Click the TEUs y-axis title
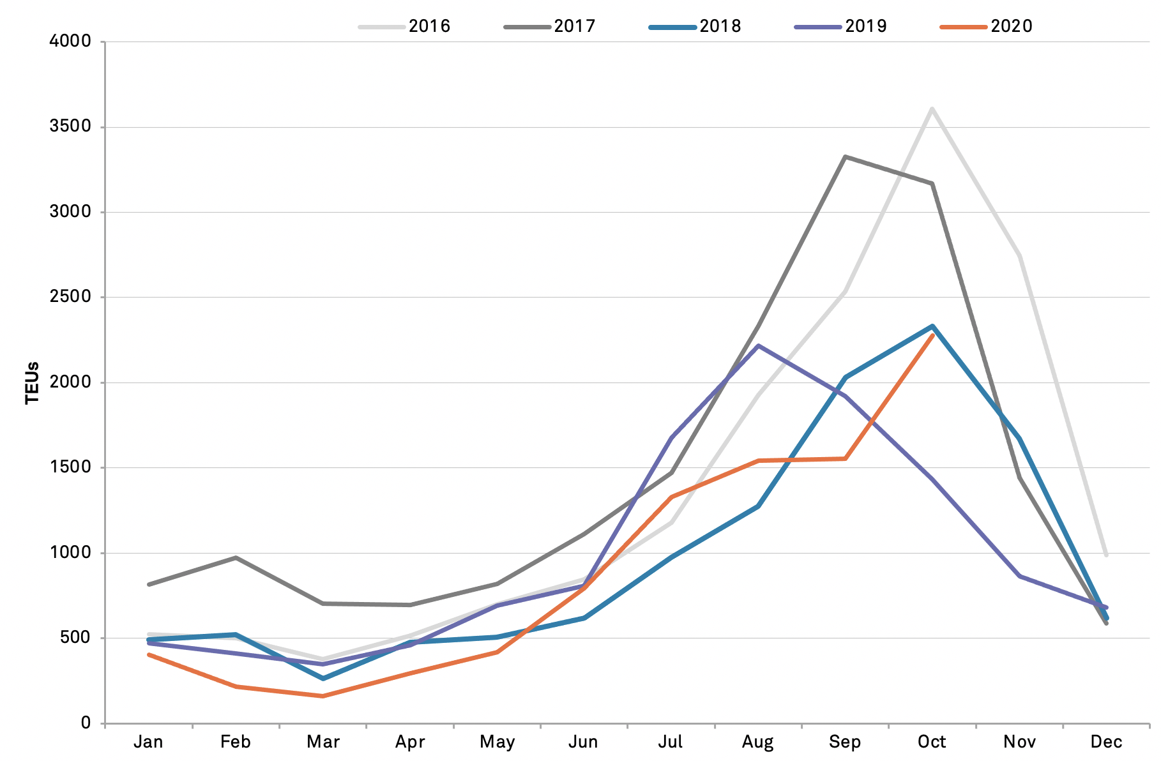point(33,383)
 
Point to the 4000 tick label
point(70,41)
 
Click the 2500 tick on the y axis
point(70,297)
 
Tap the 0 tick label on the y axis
point(86,723)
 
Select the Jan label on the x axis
point(148,742)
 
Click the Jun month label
point(583,742)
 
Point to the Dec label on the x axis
point(1106,742)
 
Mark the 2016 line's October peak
point(932,109)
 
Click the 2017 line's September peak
point(845,156)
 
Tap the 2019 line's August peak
point(758,345)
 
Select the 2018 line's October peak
point(932,326)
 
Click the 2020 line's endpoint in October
point(932,335)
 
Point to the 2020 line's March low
point(322,696)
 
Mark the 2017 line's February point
point(236,557)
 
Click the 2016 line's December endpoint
point(1106,555)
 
